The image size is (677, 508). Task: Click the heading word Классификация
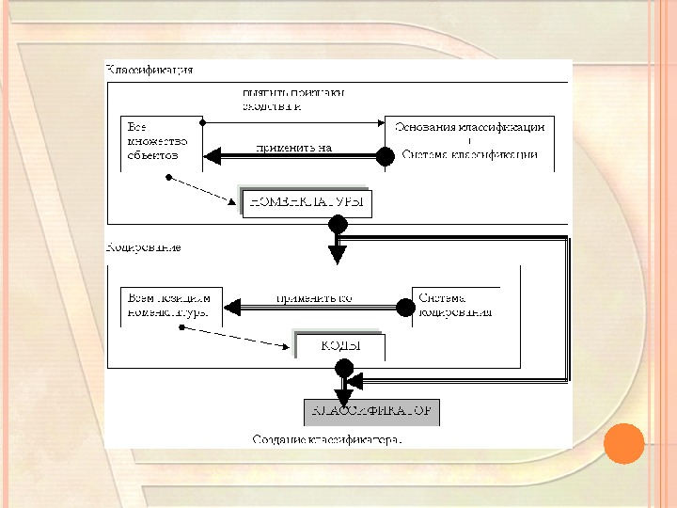point(150,71)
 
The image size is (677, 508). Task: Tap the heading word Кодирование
point(144,248)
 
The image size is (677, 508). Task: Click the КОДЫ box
point(341,346)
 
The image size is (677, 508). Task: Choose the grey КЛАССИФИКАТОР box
point(371,412)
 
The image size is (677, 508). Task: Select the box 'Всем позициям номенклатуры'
point(168,305)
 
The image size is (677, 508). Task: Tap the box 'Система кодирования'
point(455,305)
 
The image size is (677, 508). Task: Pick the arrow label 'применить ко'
point(313,298)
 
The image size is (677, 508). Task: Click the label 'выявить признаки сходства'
point(292,100)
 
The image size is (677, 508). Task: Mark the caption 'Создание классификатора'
point(326,438)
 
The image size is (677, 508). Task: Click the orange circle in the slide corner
point(623,443)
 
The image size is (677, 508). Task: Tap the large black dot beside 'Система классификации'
point(385,156)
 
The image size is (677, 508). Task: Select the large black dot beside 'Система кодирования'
point(405,307)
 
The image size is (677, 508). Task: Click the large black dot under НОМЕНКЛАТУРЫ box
point(338,225)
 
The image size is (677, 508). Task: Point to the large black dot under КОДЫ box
point(344,368)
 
